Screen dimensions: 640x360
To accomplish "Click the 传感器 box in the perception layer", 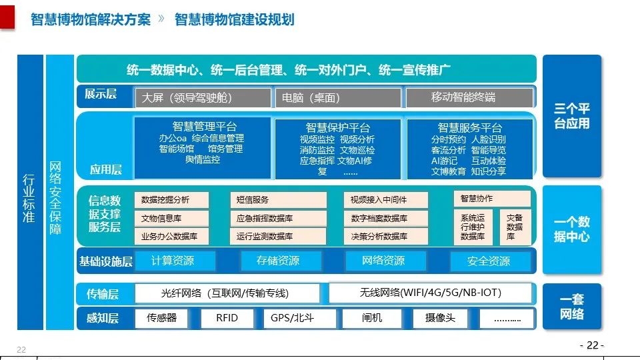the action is (x=162, y=318).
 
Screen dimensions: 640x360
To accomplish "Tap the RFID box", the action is (x=227, y=318).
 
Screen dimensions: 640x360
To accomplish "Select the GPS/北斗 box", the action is (x=292, y=318).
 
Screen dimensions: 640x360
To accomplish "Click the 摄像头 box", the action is (x=440, y=318).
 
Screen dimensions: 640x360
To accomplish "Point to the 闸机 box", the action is (x=372, y=318).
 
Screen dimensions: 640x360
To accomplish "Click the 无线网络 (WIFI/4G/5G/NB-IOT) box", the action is (x=430, y=293).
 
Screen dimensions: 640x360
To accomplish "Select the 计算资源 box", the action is (x=173, y=261).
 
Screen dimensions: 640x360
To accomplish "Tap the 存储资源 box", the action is (x=278, y=261).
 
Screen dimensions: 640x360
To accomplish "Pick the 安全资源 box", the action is (x=489, y=261).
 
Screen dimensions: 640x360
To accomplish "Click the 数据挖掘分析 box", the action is (x=172, y=199).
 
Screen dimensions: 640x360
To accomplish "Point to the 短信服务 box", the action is (x=279, y=199).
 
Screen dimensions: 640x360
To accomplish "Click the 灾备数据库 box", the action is (x=515, y=227).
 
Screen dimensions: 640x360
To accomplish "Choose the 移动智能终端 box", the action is (x=469, y=97).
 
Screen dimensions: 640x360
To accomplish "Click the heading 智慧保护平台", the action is (x=338, y=127).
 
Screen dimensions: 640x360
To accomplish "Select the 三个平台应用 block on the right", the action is (x=572, y=116).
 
